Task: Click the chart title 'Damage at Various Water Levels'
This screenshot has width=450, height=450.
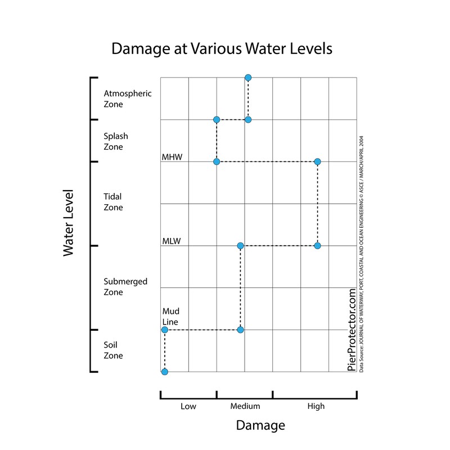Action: tap(222, 48)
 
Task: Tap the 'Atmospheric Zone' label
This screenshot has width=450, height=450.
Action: tap(128, 98)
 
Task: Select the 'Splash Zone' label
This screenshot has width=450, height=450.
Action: tap(116, 141)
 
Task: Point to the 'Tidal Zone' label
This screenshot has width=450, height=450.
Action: tap(113, 202)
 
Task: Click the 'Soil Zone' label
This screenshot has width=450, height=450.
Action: tap(113, 350)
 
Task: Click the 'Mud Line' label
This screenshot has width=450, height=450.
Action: tap(170, 316)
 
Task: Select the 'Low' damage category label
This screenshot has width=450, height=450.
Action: tap(188, 406)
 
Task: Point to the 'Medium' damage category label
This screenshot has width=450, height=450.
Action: tap(245, 406)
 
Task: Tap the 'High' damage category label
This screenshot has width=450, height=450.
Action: tap(316, 406)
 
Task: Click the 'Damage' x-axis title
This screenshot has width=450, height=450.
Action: tap(260, 425)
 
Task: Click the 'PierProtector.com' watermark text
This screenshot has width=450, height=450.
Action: tap(352, 329)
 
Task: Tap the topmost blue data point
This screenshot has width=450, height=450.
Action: tap(248, 77)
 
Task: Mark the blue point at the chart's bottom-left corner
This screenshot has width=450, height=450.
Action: tap(164, 372)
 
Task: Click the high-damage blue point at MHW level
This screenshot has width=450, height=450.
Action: tap(317, 162)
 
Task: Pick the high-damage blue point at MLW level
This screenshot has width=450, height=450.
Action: tap(317, 246)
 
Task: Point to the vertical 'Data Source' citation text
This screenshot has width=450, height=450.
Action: tap(362, 253)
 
